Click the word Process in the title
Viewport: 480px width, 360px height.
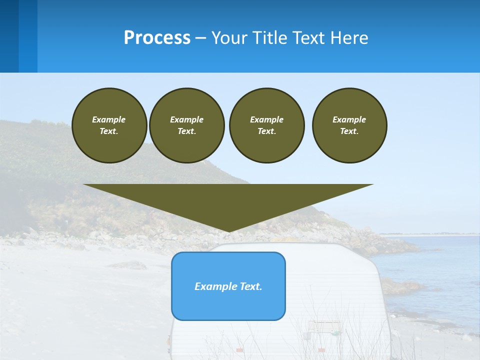tap(157, 38)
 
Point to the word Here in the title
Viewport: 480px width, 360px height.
tap(349, 38)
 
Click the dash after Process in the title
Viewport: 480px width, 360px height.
tap(200, 38)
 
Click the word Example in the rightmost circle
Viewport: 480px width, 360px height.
tap(349, 119)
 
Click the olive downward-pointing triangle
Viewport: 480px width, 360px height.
tap(228, 200)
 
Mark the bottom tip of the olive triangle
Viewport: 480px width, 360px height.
tap(228, 231)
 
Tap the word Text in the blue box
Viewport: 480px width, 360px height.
tap(251, 286)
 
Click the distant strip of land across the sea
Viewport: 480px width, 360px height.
tap(430, 234)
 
